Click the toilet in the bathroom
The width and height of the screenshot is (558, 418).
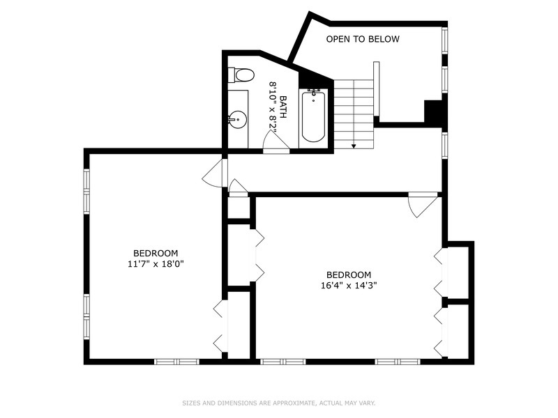(241, 75)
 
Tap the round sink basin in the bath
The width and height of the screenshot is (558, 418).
(237, 119)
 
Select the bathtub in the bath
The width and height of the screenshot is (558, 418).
(313, 117)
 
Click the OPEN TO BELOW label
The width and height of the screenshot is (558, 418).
(363, 39)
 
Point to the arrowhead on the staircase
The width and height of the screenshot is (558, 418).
(354, 146)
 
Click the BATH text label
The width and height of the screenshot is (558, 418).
(283, 107)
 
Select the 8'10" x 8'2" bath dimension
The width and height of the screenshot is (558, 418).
(273, 107)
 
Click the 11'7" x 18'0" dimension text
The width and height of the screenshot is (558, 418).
(156, 264)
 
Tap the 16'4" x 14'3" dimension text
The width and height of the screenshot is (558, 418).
(349, 286)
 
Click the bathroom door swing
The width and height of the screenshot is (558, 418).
(276, 142)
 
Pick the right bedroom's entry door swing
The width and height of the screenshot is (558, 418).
(423, 205)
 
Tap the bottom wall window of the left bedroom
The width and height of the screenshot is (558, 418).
(176, 362)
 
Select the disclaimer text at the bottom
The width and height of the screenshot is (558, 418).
(279, 403)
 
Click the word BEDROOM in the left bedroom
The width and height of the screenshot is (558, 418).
(156, 254)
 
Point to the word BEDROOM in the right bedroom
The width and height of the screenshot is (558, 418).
(349, 274)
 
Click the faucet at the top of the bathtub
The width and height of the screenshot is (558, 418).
(313, 93)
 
